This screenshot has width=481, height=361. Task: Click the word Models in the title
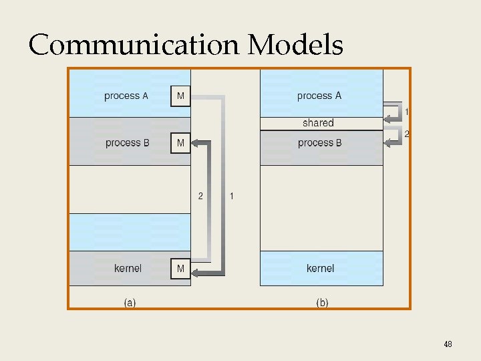[x=295, y=45]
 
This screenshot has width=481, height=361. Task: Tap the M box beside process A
[x=180, y=96]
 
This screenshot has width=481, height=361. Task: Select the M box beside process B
[x=180, y=143]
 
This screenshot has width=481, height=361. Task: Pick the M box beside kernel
[x=180, y=269]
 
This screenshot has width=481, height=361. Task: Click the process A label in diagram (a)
[x=126, y=96]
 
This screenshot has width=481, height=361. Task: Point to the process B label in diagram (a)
[x=127, y=143]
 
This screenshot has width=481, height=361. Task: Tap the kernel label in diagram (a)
[x=128, y=269]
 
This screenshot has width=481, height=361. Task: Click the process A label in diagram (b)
[x=319, y=96]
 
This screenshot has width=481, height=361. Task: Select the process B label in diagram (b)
[x=319, y=143]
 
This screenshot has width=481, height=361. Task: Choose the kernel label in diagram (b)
[x=320, y=269]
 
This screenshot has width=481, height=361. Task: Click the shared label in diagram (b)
[x=318, y=123]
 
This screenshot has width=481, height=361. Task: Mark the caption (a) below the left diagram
[x=130, y=303]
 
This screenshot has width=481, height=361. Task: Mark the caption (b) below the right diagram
[x=322, y=303]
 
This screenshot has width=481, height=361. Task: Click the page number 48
[x=448, y=344]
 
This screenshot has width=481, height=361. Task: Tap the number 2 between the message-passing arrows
[x=200, y=196]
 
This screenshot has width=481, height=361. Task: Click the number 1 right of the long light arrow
[x=231, y=196]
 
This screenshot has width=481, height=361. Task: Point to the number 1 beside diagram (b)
[x=407, y=110]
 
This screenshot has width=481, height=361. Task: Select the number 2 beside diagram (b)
[x=407, y=134]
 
